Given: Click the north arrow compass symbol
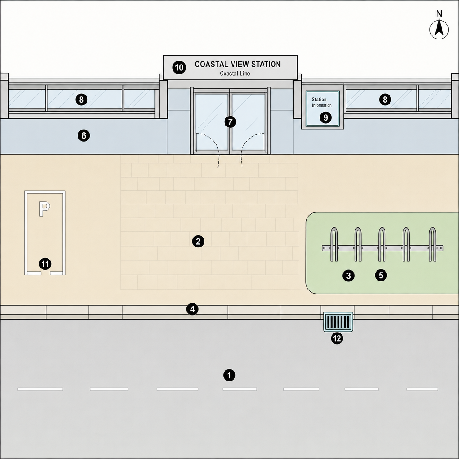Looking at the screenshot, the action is coord(439,30).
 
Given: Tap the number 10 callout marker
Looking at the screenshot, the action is coord(179,68).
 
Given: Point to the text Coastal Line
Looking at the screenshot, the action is coord(235,74).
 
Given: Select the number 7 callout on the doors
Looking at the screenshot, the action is coord(230,122).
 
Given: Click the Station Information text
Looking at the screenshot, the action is coord(321,102).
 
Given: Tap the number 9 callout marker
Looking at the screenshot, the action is coord(325,117).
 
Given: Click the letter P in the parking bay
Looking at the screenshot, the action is coord(44,209).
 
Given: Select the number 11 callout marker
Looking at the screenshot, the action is coord(45,264).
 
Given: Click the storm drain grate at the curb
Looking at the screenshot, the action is coord(338,322).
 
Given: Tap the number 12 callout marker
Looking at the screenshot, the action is coord(337,338).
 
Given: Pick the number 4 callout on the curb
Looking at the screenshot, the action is coord(192,309).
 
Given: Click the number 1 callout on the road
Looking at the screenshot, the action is coord(229,375).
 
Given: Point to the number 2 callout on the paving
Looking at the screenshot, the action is coord(198,241).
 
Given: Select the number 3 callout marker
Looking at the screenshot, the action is coord(348,276).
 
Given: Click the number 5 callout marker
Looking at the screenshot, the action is coord(381,275).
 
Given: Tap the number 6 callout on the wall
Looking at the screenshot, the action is coord(84,135).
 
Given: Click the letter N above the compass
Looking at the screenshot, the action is coord(439,13).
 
